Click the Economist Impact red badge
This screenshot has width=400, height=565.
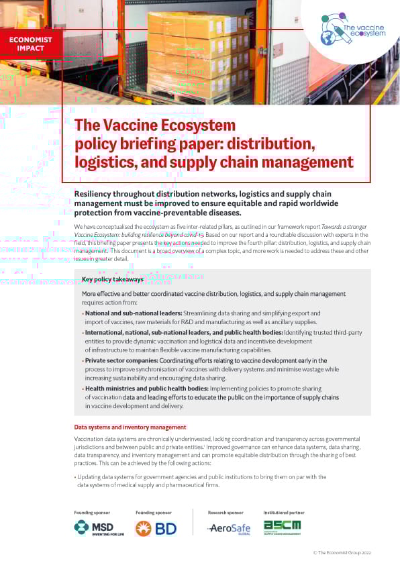31,44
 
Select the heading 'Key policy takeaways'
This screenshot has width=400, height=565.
118,279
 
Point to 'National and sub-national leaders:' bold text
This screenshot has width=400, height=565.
128,313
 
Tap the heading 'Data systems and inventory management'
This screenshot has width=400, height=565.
130,427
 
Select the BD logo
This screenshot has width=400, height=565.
156,528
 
